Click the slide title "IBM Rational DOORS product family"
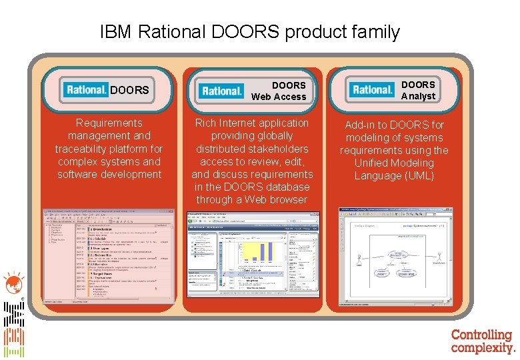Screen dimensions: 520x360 [x=249, y=31]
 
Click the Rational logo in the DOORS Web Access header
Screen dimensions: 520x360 [x=222, y=91]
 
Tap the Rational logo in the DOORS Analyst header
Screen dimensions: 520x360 [x=373, y=89]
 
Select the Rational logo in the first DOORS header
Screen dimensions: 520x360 [x=85, y=89]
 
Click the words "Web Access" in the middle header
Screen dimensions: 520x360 [x=279, y=97]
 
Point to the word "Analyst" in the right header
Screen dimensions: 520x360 [x=418, y=96]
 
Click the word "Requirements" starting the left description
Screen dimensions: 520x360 [x=109, y=123]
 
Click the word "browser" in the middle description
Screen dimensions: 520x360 [x=289, y=199]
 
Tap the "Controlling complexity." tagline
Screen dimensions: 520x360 [x=483, y=341]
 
